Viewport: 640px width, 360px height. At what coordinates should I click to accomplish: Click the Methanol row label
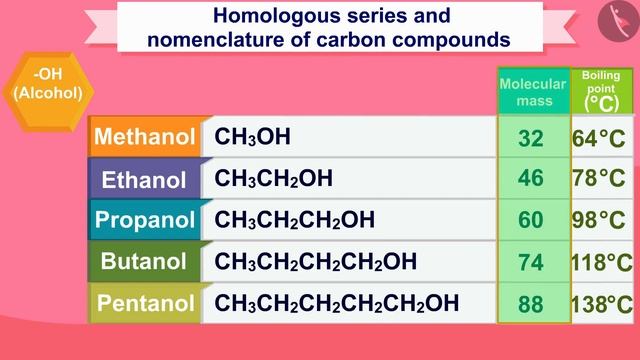point(145,138)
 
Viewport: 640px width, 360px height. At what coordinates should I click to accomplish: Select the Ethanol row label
point(145,180)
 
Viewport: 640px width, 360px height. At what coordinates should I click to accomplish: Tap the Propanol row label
point(145,220)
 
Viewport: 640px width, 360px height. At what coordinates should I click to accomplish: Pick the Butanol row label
point(145,262)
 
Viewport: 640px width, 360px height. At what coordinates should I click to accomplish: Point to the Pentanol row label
point(145,303)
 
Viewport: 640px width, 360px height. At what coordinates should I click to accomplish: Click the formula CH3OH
point(253,137)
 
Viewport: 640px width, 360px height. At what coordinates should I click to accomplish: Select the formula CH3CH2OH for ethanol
point(273,179)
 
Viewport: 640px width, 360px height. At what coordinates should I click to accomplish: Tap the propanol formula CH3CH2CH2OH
point(295,220)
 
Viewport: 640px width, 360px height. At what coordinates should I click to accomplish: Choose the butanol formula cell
point(316,262)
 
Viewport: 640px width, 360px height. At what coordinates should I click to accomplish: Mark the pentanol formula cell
point(337,303)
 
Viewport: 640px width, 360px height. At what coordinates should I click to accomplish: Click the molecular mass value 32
point(532,138)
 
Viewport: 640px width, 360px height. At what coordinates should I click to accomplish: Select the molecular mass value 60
point(532,220)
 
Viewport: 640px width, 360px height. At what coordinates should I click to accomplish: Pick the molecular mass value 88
point(532,303)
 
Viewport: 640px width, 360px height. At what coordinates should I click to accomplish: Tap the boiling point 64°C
point(599,138)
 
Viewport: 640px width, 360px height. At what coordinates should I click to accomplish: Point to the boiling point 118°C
point(601,262)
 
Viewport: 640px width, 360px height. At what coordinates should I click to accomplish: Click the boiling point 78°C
point(599,179)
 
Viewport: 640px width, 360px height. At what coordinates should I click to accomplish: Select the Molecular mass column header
point(533,91)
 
